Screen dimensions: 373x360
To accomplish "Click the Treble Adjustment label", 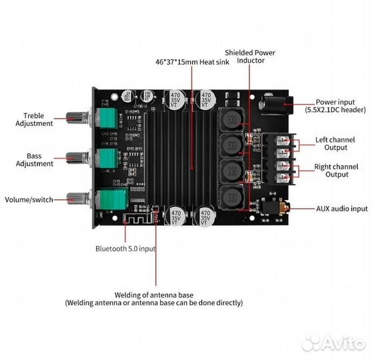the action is point(34,119).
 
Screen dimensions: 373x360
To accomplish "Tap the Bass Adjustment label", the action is point(34,160).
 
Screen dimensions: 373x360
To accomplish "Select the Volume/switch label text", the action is point(29,199).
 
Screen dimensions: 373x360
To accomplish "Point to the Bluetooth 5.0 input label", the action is point(125,249).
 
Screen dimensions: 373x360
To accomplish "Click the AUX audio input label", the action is point(342,209).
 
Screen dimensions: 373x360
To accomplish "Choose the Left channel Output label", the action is point(335,143).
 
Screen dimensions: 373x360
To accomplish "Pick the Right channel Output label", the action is point(336,171).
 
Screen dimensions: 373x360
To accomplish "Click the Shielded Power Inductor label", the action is point(250,57).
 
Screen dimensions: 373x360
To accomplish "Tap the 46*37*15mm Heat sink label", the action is point(192,62).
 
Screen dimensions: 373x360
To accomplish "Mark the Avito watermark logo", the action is point(333,343).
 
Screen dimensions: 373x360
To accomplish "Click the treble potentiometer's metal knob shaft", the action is point(78,117).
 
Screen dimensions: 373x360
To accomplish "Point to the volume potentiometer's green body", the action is point(112,199).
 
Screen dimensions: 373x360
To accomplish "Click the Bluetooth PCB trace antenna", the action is point(137,219).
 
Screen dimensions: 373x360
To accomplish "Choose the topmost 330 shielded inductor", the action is point(231,120).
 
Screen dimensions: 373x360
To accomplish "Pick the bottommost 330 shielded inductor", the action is point(232,198).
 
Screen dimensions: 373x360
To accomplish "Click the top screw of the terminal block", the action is point(284,141).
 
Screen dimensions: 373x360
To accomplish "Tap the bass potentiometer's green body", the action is point(107,159).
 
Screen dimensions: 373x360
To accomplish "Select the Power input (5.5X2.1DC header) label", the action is point(336,106).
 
